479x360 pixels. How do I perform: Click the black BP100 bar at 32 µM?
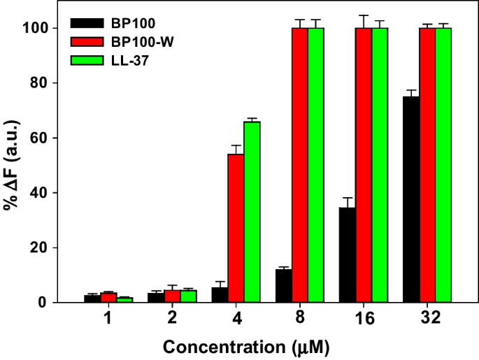tap(411, 199)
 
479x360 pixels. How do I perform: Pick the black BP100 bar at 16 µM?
tap(348, 255)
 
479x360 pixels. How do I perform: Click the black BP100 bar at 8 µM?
tap(284, 286)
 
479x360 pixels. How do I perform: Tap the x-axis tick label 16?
tap(364, 319)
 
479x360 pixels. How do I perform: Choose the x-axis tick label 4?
tap(236, 319)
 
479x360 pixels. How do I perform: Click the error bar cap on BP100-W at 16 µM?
tap(364, 15)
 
